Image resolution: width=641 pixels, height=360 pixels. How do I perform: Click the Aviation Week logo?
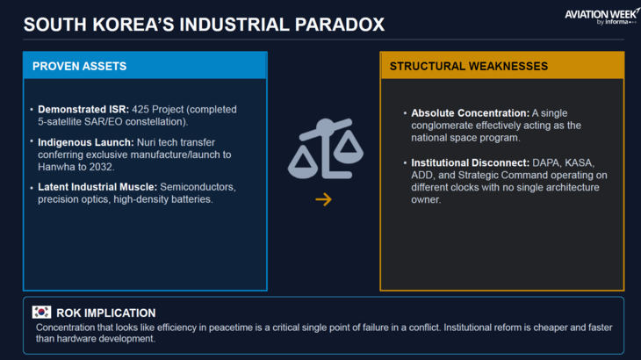tap(601, 17)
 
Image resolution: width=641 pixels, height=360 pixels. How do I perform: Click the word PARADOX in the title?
tap(340, 25)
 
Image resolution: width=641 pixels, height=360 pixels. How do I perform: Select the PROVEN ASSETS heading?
tap(79, 66)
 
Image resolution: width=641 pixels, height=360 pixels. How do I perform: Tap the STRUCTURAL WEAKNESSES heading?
tap(469, 66)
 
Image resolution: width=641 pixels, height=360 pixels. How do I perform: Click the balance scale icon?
tap(326, 148)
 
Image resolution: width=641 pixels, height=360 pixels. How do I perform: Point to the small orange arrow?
tap(323, 199)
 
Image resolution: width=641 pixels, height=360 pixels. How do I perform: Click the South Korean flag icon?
tap(41, 313)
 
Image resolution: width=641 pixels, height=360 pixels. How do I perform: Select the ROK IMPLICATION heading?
tap(106, 313)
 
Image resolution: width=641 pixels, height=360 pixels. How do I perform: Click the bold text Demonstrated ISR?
tap(83, 110)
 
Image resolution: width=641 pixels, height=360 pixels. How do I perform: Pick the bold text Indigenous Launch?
tap(86, 142)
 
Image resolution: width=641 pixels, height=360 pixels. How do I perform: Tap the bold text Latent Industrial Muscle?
tap(97, 187)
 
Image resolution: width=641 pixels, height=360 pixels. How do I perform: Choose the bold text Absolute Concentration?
tap(470, 113)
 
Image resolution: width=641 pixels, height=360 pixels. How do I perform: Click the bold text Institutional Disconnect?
tap(470, 162)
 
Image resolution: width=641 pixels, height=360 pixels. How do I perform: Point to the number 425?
tap(140, 110)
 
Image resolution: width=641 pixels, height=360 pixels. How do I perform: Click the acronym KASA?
tap(580, 162)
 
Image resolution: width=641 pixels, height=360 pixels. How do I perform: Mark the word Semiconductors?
tap(198, 187)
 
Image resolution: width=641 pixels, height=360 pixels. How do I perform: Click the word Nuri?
tap(146, 142)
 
